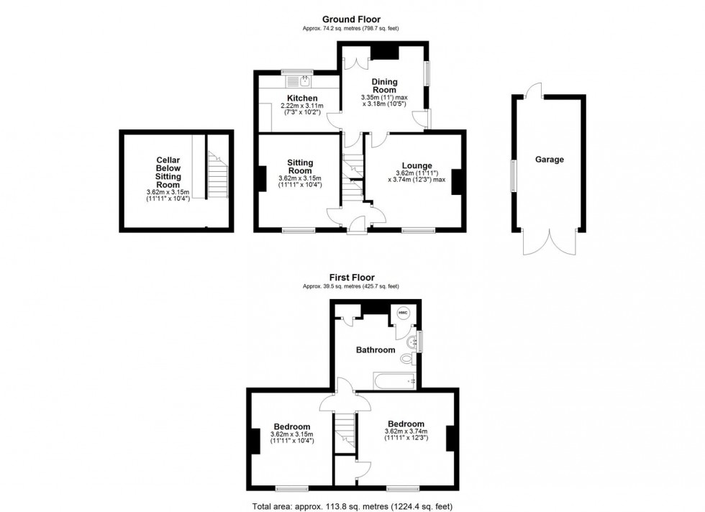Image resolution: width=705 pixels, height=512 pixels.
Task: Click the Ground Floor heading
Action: (x=351, y=19)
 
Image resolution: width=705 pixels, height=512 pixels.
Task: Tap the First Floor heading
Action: (x=351, y=278)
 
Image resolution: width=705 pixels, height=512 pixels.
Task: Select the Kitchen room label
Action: (x=302, y=98)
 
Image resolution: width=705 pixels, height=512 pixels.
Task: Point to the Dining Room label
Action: (x=384, y=86)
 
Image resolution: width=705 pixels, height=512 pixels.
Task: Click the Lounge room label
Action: (x=417, y=165)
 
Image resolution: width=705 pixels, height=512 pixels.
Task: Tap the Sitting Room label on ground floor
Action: (x=299, y=167)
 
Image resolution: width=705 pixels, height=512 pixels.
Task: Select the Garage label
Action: (x=549, y=160)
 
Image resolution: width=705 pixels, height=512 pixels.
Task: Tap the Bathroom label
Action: (x=376, y=350)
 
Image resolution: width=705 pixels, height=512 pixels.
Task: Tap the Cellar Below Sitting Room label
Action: (x=168, y=173)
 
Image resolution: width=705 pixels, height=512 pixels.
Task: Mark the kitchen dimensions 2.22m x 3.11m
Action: (x=302, y=106)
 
